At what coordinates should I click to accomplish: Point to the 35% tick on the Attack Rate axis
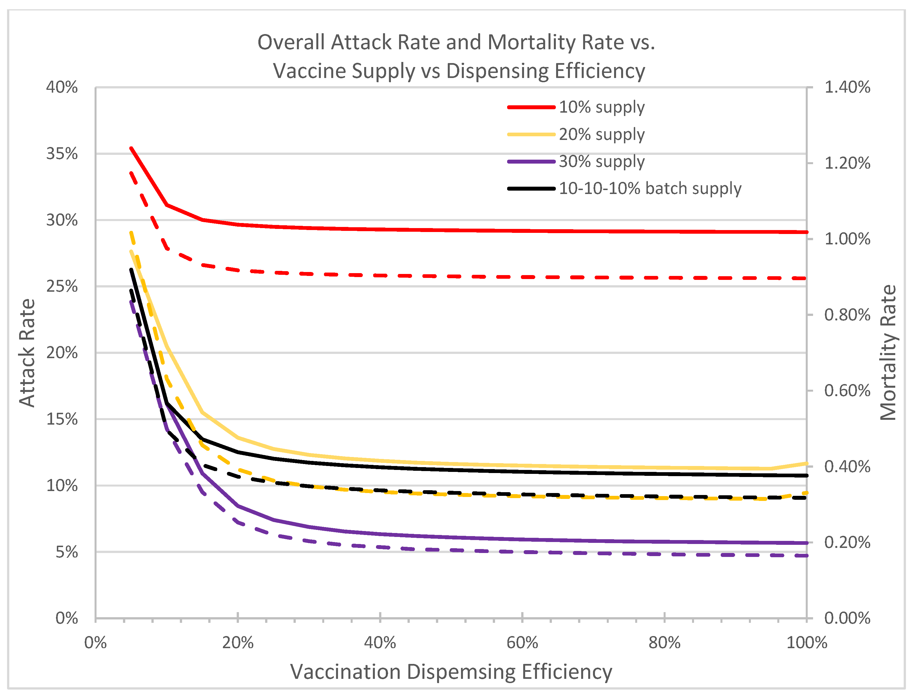tap(62, 154)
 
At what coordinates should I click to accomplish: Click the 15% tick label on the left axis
tap(62, 419)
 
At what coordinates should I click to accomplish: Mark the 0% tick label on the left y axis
tap(66, 618)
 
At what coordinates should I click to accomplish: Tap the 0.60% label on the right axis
tap(847, 391)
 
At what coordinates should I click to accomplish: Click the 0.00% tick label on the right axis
tap(847, 618)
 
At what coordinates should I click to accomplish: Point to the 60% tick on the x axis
tap(522, 643)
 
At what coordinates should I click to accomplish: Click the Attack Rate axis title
tap(27, 353)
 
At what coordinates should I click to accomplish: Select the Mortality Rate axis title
tap(888, 353)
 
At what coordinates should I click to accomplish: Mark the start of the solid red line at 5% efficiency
tap(131, 148)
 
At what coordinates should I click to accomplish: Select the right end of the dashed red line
tap(805, 278)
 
